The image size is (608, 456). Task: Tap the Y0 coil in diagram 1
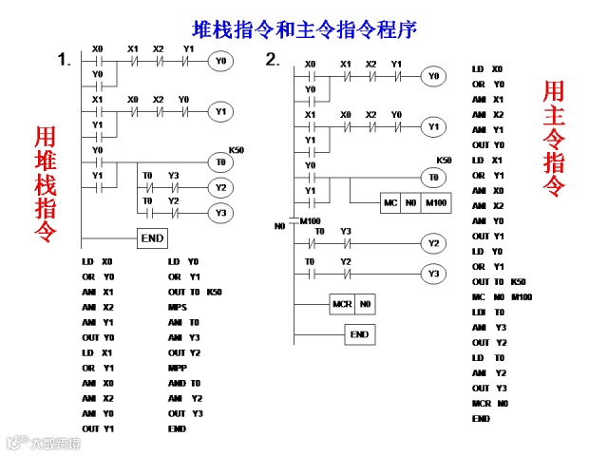click(x=219, y=61)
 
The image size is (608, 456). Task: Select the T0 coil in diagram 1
click(x=219, y=162)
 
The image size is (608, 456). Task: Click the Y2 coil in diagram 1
click(x=220, y=187)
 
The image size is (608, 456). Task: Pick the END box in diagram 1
click(x=153, y=238)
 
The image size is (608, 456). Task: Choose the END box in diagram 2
click(x=359, y=334)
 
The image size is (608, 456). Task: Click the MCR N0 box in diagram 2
click(x=351, y=305)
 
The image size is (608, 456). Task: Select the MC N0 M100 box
click(x=413, y=204)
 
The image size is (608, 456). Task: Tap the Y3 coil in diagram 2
click(x=433, y=274)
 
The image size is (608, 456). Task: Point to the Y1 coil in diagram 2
click(x=433, y=125)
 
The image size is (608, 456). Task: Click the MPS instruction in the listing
click(x=177, y=307)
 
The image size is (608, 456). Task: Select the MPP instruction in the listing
click(x=177, y=368)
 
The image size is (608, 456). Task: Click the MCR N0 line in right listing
click(x=484, y=403)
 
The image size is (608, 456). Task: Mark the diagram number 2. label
click(x=273, y=60)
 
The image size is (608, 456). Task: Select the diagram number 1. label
click(x=64, y=60)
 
